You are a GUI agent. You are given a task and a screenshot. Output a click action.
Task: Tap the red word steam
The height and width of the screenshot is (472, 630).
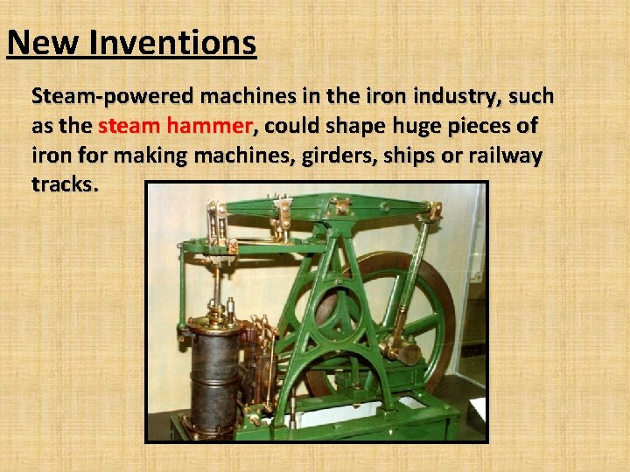(x=128, y=126)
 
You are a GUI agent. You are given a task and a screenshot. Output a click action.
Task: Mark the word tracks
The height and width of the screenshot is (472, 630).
(x=65, y=184)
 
